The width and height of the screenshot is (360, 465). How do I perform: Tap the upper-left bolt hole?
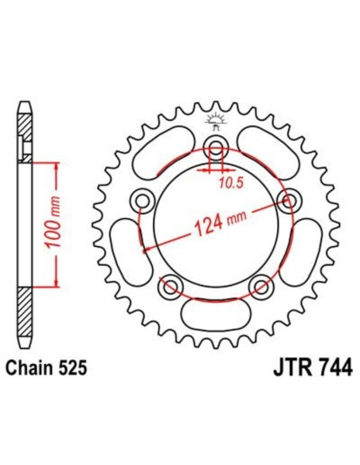tap(144, 198)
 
